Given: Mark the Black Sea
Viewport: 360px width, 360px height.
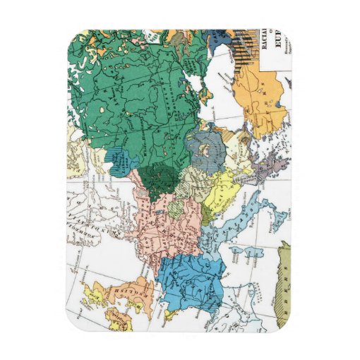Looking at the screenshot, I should (226, 106).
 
